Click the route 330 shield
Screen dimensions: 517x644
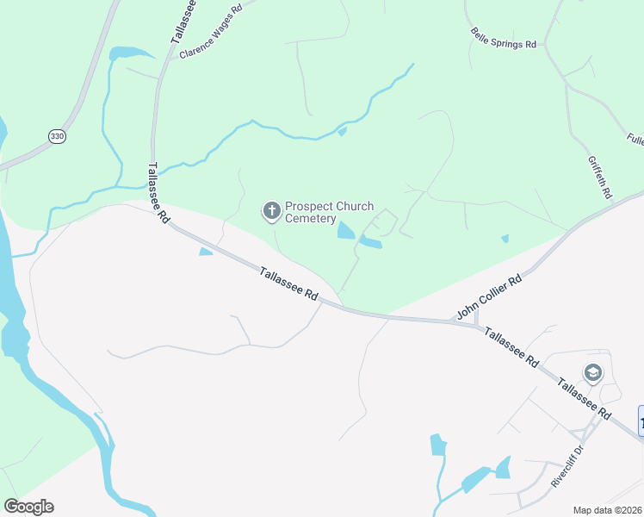coord(57,136)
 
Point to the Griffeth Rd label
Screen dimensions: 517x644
coord(599,176)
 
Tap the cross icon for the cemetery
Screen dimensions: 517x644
coord(271,210)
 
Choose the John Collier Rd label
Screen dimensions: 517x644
coord(490,298)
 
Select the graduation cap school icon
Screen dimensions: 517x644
coord(592,373)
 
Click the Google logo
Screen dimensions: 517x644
coord(28,507)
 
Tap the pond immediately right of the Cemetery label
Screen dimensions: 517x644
coord(346,230)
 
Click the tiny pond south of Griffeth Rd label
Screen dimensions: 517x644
coord(505,239)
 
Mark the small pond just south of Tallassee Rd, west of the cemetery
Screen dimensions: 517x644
coord(206,252)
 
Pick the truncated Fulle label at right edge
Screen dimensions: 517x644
coord(635,139)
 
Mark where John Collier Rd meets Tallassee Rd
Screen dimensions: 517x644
coord(454,322)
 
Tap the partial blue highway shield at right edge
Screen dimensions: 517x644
coord(641,420)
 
